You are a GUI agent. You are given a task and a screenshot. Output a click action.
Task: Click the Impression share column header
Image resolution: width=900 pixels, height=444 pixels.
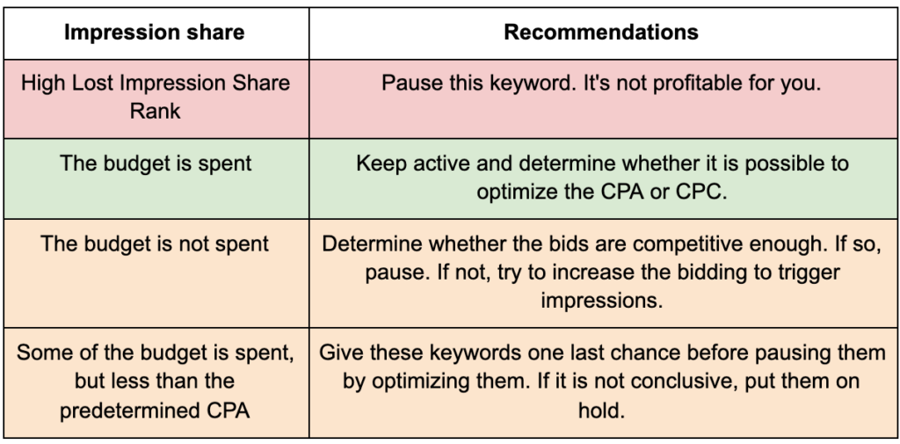[154, 33]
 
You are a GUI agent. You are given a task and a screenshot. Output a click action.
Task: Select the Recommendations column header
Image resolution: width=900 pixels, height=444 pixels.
[601, 33]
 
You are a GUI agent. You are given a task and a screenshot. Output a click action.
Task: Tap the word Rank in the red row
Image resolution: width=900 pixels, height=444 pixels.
[155, 111]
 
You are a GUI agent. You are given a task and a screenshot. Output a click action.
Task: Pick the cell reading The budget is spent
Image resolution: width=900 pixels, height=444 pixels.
[156, 164]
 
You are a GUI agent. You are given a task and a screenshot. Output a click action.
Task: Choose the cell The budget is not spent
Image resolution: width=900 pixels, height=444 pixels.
[155, 244]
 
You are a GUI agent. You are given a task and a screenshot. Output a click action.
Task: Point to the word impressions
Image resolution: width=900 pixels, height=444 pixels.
[601, 301]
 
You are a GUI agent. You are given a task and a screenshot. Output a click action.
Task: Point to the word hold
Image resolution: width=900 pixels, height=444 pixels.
[601, 411]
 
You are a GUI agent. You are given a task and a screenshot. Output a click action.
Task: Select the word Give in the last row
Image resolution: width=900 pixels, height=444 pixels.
[341, 353]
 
